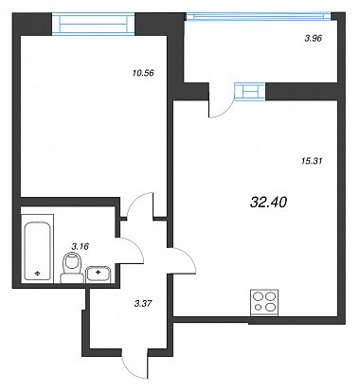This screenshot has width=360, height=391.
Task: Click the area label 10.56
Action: point(143,73)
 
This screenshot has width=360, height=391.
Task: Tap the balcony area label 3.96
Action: point(313,39)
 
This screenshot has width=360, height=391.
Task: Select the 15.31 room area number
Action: point(312,161)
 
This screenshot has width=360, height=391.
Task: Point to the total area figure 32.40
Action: point(268,203)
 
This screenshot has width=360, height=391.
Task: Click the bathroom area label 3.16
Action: point(80,246)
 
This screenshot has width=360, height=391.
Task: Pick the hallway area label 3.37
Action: point(143,304)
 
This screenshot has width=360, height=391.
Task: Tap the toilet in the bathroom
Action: point(72,268)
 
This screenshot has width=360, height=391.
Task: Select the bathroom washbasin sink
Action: point(98,274)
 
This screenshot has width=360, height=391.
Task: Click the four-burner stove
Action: point(264,302)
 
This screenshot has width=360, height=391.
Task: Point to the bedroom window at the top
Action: point(94,24)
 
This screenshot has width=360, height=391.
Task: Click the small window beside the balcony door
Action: point(250,92)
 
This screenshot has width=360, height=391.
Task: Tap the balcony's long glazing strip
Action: point(259,15)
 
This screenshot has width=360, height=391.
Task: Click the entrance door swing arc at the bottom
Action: point(129,371)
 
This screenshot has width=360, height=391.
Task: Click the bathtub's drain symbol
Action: point(37,274)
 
